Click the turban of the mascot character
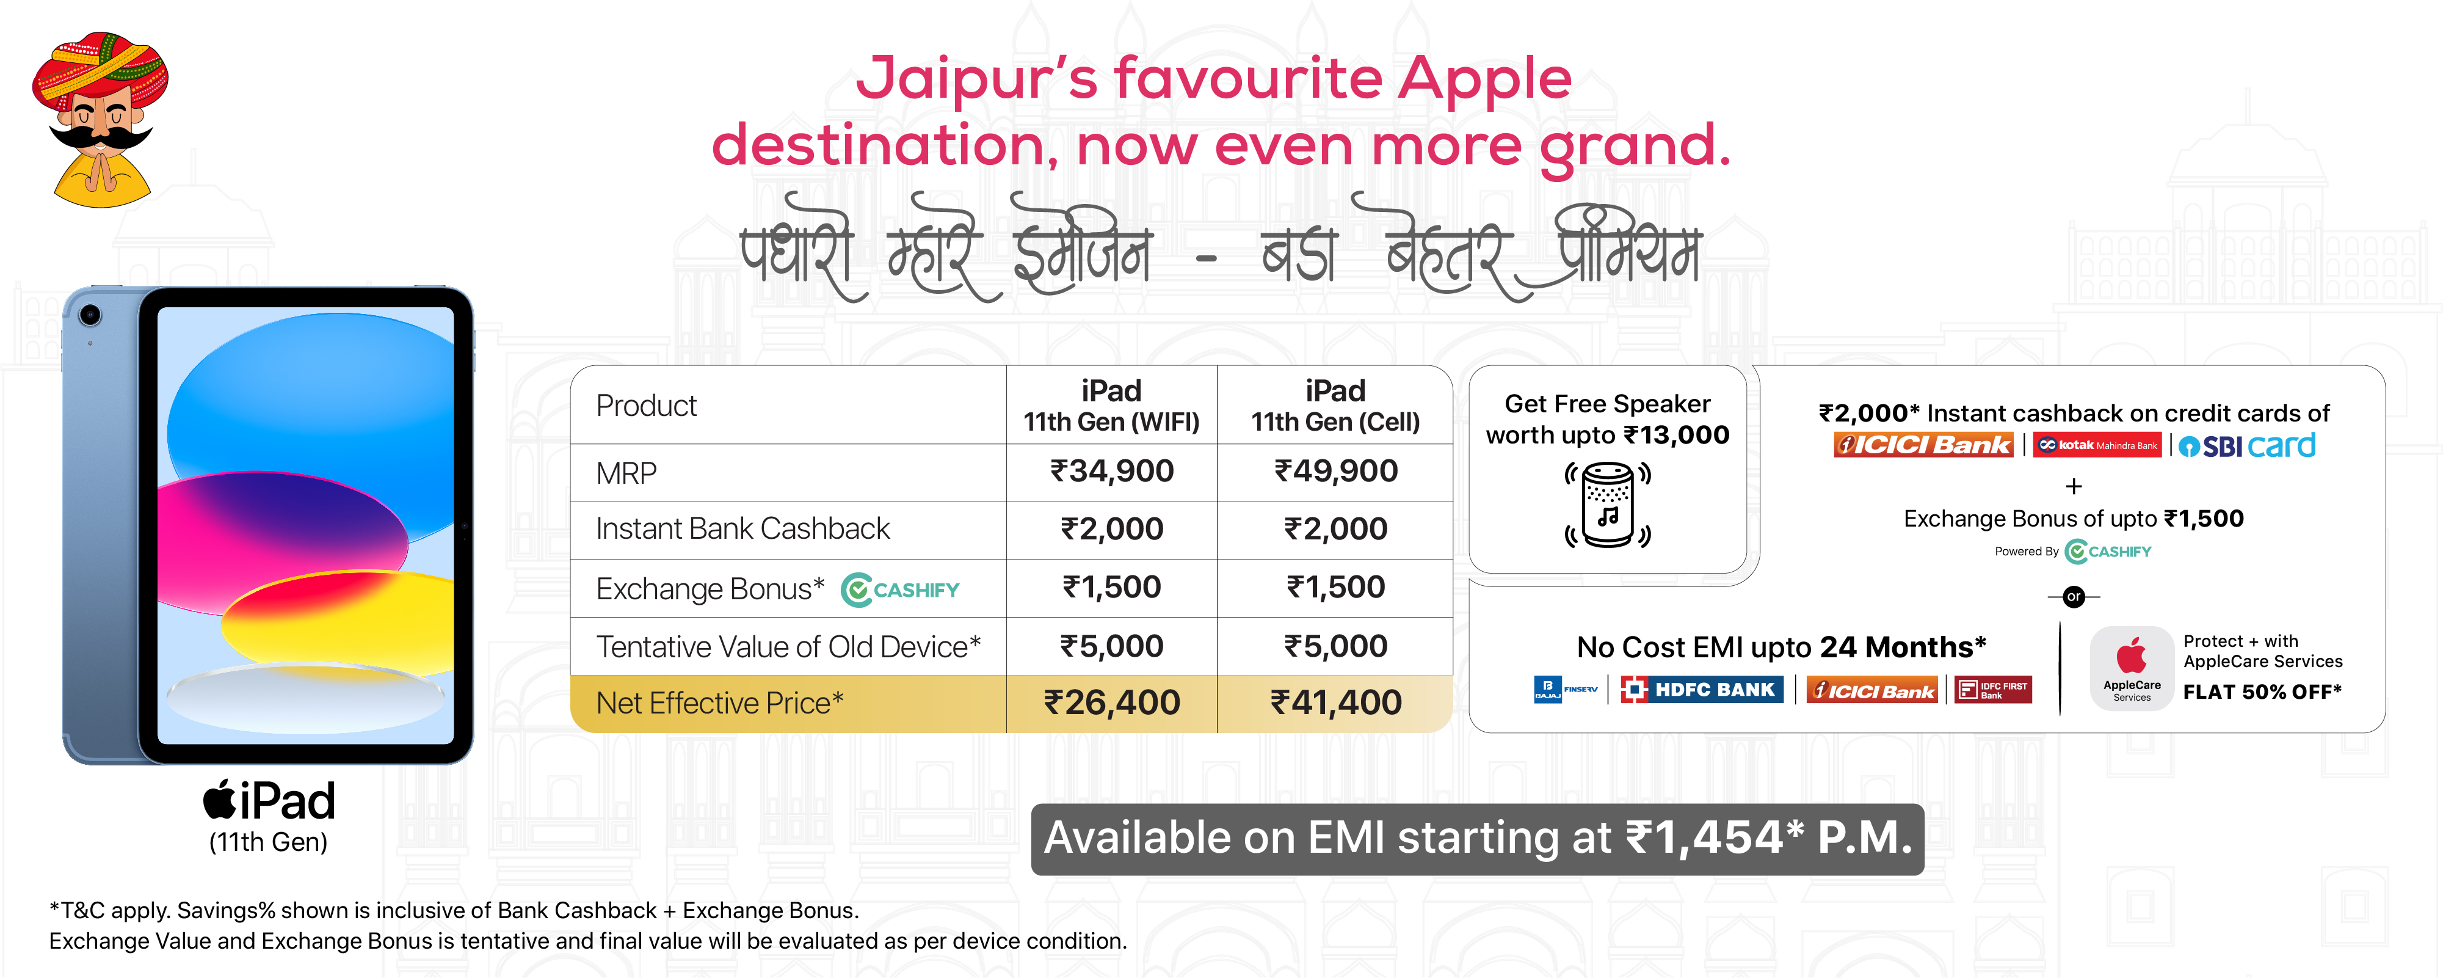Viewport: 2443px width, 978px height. coord(100,70)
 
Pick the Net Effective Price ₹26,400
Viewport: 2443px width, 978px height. coord(1111,703)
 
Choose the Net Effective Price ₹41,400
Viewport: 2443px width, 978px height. coord(1335,703)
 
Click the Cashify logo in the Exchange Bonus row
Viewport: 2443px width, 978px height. coord(900,590)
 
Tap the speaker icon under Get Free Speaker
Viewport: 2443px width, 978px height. coord(1608,505)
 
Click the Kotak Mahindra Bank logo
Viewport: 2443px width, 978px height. coord(2097,445)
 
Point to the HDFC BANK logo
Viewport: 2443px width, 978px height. coord(1701,690)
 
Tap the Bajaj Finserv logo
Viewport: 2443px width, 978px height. coord(1565,690)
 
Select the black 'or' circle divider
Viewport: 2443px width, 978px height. coord(2074,597)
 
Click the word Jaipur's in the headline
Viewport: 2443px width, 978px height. coord(977,79)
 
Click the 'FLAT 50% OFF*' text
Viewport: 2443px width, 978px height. coord(2262,693)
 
